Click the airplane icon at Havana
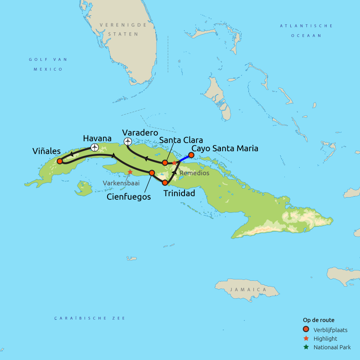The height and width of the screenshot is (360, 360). [x=94, y=147]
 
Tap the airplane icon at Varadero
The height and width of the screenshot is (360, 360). [x=128, y=142]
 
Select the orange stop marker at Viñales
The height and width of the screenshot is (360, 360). [x=59, y=161]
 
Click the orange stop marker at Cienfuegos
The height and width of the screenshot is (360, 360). [x=152, y=172]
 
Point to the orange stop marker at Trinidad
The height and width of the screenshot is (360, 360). [x=165, y=183]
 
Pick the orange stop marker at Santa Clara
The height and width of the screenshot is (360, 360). [x=165, y=162]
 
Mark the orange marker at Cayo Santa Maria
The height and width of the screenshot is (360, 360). [x=191, y=155]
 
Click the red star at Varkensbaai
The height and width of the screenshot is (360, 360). [x=130, y=171]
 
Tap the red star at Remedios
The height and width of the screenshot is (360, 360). [x=174, y=163]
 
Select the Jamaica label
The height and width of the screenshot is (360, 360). [x=245, y=289]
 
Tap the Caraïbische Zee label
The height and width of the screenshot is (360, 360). [x=90, y=318]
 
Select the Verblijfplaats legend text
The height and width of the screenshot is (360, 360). [x=330, y=330]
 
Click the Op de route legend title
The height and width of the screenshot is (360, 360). [x=318, y=320]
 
